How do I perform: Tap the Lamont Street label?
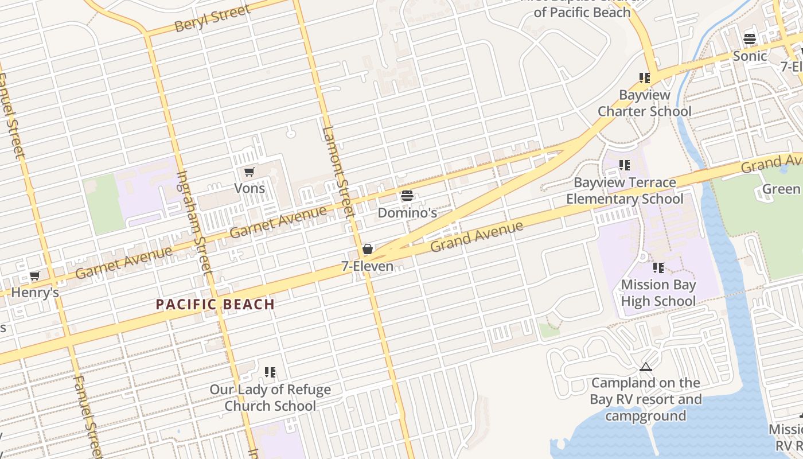[338, 171]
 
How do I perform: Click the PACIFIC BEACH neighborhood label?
[215, 305]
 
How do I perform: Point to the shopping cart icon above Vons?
[249, 172]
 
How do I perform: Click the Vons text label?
[250, 188]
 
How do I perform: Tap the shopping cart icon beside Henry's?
[34, 276]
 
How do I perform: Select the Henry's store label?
[35, 293]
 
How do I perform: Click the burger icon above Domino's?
[407, 196]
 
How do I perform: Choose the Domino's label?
[407, 213]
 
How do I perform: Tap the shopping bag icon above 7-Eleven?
[368, 250]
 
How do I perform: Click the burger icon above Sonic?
[750, 39]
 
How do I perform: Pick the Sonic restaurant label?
[750, 56]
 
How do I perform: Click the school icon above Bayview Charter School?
[645, 78]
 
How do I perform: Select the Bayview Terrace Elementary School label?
[625, 190]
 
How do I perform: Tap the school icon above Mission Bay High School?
[658, 268]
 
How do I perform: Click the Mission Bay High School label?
[658, 293]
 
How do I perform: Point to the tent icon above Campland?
[646, 367]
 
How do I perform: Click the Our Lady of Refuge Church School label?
[270, 398]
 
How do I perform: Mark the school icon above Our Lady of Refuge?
[270, 372]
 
